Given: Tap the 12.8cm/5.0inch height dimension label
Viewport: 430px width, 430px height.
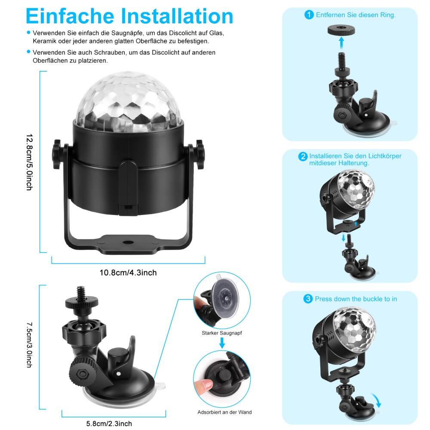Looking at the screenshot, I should [x=29, y=162].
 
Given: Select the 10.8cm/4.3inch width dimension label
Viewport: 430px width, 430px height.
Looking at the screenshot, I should [x=128, y=273].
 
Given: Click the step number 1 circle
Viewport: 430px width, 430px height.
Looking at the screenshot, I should [x=309, y=15].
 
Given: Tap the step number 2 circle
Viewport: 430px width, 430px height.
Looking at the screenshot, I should [x=303, y=157].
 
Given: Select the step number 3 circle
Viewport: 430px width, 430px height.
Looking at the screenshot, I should [x=308, y=299].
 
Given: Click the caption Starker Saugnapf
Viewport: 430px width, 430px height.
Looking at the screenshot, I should [x=221, y=333].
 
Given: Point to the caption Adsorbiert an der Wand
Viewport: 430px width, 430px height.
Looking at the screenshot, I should [x=224, y=412].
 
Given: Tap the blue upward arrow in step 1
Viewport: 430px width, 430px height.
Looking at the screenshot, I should [x=341, y=43].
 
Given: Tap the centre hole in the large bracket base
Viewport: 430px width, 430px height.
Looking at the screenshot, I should [x=127, y=243].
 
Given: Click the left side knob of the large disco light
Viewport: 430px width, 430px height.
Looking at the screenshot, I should [x=58, y=152].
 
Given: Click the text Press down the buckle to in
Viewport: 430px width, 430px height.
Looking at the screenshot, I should [x=356, y=299].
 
